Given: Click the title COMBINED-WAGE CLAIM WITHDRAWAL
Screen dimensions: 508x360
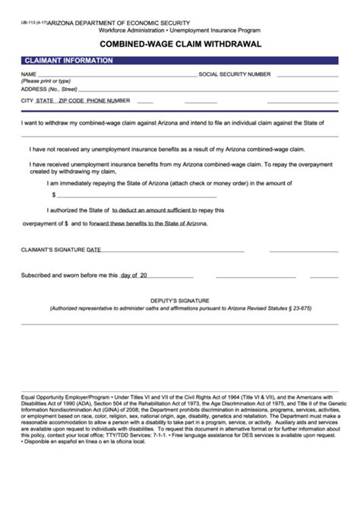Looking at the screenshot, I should tap(180, 44).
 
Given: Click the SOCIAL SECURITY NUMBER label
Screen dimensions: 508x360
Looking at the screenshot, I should tap(235, 74).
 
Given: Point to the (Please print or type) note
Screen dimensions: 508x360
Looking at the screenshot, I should tap(46, 81).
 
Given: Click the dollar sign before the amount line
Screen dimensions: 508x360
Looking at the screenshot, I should tap(53, 194).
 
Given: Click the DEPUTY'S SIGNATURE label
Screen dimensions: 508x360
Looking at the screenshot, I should tap(180, 301).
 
